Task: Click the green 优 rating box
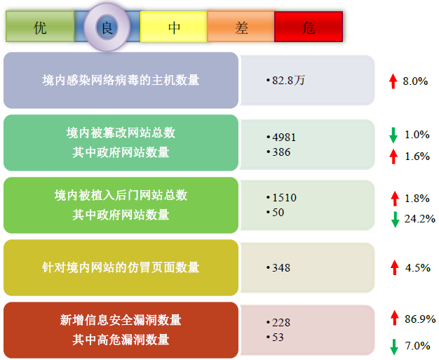40,27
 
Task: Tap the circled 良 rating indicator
107,27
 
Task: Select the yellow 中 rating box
174,27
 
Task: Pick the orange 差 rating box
241,27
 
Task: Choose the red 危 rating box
309,27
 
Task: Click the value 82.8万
288,81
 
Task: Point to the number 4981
284,138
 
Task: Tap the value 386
281,152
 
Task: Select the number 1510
284,198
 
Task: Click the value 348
281,268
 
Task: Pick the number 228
281,323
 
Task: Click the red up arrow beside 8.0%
393,81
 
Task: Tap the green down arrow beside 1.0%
393,135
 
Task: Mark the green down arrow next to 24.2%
395,220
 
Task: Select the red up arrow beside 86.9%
395,318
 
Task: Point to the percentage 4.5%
417,268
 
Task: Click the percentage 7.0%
417,346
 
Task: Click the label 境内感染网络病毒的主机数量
121,81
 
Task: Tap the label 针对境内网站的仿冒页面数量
121,267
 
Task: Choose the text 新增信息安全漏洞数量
121,320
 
